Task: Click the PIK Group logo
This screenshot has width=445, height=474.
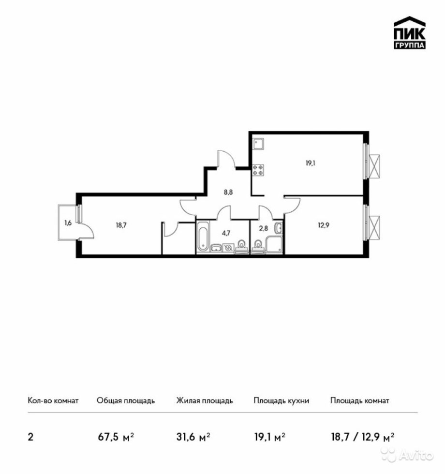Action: point(409,32)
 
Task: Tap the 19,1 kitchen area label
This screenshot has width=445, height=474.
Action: point(311,163)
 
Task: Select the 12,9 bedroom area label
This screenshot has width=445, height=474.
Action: point(324,225)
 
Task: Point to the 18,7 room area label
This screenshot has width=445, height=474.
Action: point(121,225)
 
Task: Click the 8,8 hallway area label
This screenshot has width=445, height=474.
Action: point(228,192)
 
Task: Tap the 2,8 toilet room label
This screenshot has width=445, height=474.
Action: point(264,228)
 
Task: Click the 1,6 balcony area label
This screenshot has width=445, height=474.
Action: point(68,223)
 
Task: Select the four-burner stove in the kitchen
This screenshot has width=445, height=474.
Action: point(258,170)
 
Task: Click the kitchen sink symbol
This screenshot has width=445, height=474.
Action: point(258,144)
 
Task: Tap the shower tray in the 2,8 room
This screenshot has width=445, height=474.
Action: point(274,245)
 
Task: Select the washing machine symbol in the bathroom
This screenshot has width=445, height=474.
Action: point(228,248)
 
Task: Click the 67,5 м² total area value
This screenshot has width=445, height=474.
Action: point(116,437)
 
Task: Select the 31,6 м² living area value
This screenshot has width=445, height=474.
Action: point(193,437)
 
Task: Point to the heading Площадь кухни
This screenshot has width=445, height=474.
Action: point(281,400)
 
